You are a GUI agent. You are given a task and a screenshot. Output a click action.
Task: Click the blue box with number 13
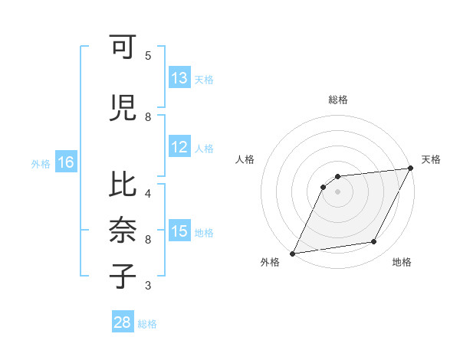[x=179, y=78]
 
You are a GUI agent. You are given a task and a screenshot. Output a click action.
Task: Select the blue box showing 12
[x=179, y=148]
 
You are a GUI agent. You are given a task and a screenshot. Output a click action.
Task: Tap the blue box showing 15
[x=179, y=231]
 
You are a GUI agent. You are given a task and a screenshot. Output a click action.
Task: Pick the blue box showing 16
[x=65, y=162]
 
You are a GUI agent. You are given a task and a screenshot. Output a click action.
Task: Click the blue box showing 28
[x=123, y=322]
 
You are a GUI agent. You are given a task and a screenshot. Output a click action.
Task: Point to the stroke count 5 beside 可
[x=148, y=56]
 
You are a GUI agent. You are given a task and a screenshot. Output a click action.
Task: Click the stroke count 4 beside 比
[x=148, y=192]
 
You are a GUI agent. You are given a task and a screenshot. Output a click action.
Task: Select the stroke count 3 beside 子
[x=148, y=286]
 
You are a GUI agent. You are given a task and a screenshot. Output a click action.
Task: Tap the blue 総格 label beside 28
[x=147, y=324]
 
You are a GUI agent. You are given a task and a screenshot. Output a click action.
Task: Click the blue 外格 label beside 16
[x=41, y=164]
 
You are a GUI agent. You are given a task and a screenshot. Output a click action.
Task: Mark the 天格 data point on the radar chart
[x=410, y=169]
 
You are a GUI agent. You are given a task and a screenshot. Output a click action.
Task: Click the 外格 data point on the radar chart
[x=293, y=253]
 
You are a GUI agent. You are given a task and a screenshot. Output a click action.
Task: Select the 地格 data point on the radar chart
[x=374, y=242]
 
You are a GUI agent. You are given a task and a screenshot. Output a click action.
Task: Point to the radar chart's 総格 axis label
[x=337, y=100]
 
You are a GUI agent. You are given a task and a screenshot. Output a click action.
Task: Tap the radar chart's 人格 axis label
[x=245, y=159]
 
